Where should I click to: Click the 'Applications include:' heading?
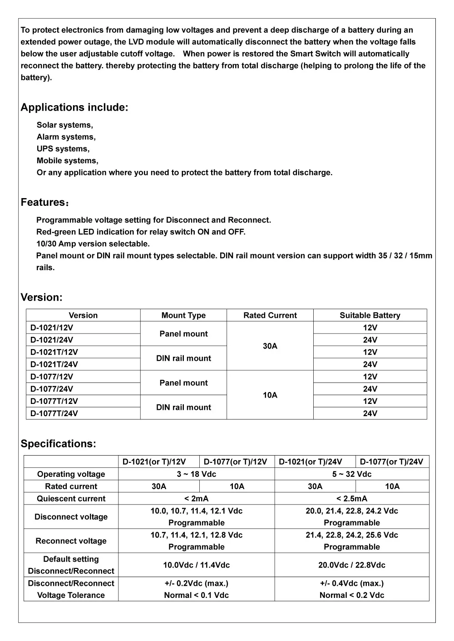(x=74, y=107)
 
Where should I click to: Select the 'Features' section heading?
(x=44, y=202)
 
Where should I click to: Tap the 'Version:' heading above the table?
(x=41, y=297)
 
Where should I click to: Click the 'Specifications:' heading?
(x=58, y=444)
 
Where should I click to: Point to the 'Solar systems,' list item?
(x=64, y=125)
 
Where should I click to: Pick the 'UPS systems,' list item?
(x=63, y=149)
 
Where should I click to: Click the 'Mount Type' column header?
(x=183, y=316)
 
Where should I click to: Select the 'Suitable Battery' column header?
(x=370, y=316)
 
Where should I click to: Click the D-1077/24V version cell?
(x=52, y=389)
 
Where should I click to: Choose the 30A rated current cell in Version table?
(x=270, y=346)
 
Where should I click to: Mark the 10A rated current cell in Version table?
(x=270, y=395)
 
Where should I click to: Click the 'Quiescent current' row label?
(x=71, y=499)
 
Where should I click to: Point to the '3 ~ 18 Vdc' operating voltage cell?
(x=196, y=474)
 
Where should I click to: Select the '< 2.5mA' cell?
(x=351, y=499)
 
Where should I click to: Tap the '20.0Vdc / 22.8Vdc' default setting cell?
(x=351, y=565)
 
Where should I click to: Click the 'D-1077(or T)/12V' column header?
(x=235, y=462)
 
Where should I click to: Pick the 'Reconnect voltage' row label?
(x=71, y=541)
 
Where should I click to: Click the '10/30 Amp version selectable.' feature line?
(x=93, y=244)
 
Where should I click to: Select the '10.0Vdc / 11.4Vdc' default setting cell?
(x=196, y=565)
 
